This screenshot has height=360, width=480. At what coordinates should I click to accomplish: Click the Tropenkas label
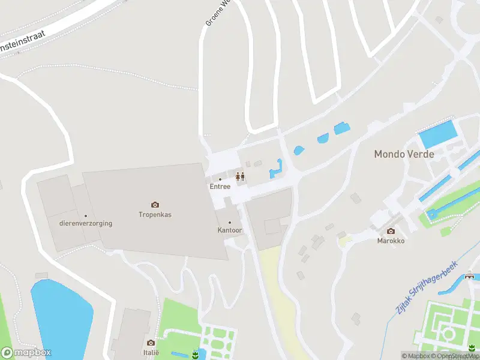click(x=155, y=214)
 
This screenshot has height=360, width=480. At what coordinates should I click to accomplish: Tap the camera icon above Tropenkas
click(x=155, y=205)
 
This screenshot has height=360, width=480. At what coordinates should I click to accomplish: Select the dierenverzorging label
click(x=86, y=224)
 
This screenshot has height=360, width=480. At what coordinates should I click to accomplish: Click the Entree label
click(x=220, y=187)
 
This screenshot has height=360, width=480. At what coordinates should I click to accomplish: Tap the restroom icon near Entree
click(x=240, y=176)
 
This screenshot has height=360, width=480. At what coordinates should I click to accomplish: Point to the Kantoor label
click(x=229, y=230)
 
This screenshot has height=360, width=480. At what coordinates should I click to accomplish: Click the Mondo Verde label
click(x=404, y=154)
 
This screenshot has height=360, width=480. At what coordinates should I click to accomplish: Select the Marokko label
click(x=391, y=241)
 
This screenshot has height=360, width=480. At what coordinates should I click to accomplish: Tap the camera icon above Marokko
click(x=391, y=231)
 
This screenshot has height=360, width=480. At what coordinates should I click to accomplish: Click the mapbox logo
click(x=26, y=353)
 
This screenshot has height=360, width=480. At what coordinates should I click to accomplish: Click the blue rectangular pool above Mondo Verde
click(x=437, y=134)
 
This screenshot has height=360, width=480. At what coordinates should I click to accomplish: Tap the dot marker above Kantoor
click(x=229, y=222)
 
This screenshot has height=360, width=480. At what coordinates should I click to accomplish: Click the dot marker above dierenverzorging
click(x=86, y=216)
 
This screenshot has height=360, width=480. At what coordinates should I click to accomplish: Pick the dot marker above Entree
click(x=220, y=179)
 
